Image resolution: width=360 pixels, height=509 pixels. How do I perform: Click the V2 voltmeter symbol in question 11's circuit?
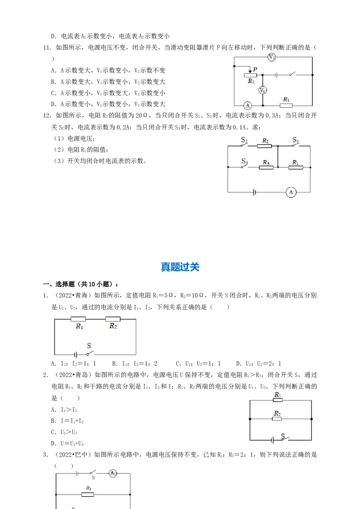click(x=272, y=58)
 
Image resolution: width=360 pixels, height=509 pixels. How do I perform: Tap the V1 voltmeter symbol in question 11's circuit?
click(x=262, y=90)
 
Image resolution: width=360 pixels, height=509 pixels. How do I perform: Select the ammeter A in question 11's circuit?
click(x=247, y=106)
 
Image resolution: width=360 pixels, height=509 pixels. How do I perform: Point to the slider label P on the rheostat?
click(x=255, y=69)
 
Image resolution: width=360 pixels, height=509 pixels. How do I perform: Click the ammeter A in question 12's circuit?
click(x=291, y=192)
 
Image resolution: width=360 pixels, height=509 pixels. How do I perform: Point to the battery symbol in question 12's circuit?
click(x=254, y=192)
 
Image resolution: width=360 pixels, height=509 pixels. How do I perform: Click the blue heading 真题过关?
click(x=180, y=267)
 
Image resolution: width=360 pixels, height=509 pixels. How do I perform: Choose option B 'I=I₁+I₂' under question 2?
click(x=67, y=421)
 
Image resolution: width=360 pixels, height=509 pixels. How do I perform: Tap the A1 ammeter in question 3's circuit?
click(x=113, y=473)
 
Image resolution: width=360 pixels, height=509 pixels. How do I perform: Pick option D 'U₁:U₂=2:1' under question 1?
click(x=259, y=364)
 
